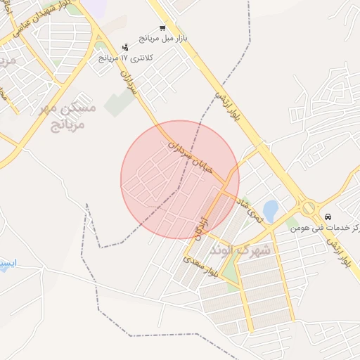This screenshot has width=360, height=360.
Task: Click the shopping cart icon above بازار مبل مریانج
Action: (163, 29)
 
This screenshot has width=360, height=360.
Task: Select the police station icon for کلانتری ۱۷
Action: (125, 46)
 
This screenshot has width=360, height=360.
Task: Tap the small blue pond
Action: (270, 210)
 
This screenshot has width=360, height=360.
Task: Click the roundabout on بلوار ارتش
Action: (308, 207)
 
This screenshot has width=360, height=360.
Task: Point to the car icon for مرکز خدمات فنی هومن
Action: (329, 216)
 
